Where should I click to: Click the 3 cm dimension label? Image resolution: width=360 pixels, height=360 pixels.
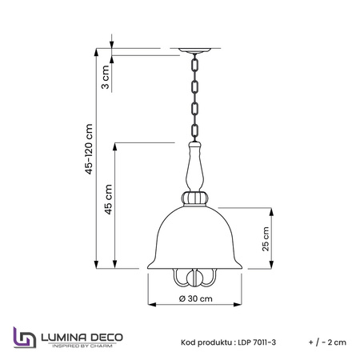[106, 77]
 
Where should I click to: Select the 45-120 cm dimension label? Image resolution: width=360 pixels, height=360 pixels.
[89, 149]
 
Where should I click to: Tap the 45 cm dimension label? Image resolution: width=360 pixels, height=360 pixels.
[108, 199]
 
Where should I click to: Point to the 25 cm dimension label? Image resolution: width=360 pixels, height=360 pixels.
[266, 238]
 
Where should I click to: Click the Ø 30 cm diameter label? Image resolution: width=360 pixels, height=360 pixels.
[196, 298]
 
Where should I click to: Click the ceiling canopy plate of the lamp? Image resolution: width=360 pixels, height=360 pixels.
[194, 50]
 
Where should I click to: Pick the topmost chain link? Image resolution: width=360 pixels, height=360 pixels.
[195, 65]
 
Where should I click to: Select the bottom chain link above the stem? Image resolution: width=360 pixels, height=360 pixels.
[195, 130]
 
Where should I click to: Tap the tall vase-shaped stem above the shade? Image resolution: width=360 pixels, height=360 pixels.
[194, 166]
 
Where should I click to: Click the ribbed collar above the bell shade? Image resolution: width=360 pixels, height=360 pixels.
[195, 198]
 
